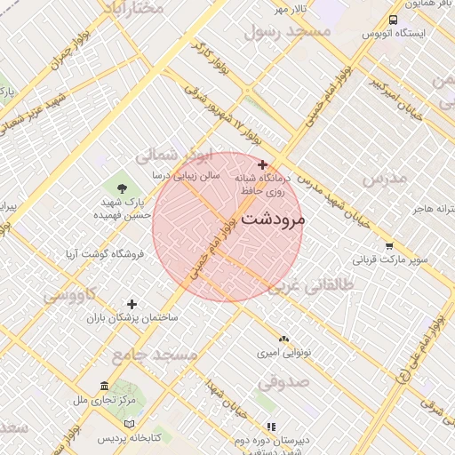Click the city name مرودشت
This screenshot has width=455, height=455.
[x=273, y=219]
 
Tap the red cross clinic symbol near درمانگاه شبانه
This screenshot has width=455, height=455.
[x=262, y=164]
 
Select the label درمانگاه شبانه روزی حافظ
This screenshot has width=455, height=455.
[x=263, y=184]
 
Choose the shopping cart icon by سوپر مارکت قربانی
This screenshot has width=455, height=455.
[x=389, y=246]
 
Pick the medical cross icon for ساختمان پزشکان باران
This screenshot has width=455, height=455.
[x=132, y=304]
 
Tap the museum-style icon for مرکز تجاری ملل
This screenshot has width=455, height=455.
[x=105, y=387]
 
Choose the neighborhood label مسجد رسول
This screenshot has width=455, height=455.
[x=286, y=31]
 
